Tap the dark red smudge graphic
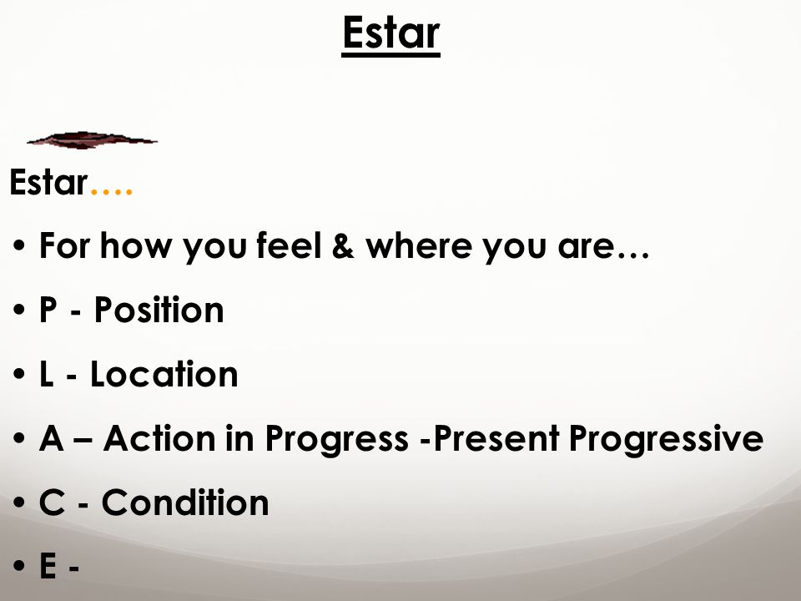92,140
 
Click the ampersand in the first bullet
343,245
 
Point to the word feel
290,245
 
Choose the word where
418,245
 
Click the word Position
159,310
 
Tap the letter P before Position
48,310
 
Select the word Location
164,374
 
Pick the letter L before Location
47,374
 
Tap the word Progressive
666,440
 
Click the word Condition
185,503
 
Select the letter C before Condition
52,503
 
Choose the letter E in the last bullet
48,566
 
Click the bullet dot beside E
19,566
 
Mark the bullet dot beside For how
19,245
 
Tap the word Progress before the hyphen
336,440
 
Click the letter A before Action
52,438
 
